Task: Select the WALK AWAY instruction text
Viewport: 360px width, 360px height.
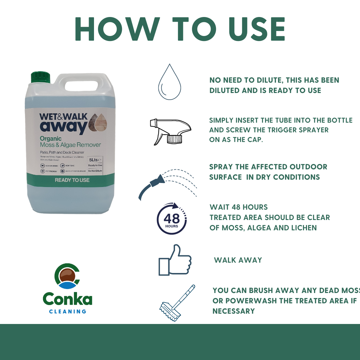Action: (x=238, y=260)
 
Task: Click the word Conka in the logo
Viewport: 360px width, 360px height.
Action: (x=68, y=299)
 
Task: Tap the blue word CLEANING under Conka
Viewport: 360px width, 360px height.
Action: (x=68, y=311)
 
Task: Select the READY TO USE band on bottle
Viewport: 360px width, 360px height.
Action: (x=72, y=180)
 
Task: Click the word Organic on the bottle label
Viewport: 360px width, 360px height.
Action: (x=51, y=138)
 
